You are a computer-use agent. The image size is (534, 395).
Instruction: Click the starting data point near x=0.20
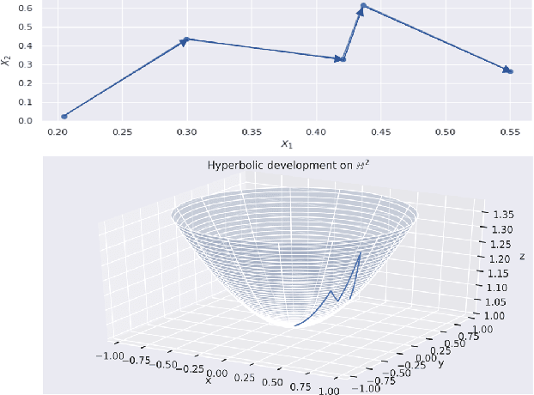click(x=64, y=116)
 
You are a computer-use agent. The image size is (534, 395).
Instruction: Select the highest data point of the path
click(x=364, y=6)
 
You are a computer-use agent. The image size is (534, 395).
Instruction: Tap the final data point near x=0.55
click(x=510, y=70)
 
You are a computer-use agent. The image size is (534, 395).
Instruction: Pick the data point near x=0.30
click(x=186, y=39)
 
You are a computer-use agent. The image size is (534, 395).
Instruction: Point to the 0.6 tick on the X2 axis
click(x=27, y=8)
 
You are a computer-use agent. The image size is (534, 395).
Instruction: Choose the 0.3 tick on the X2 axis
click(x=27, y=64)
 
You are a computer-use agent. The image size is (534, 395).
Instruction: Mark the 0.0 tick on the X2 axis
click(x=27, y=120)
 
